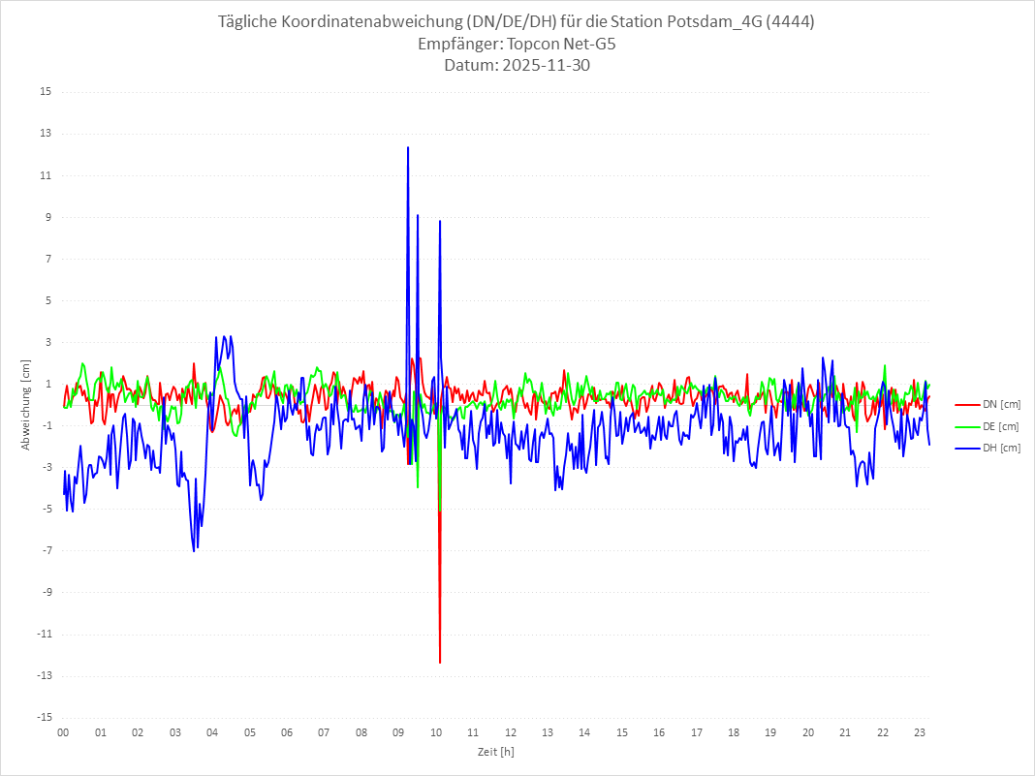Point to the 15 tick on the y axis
pyautogui.click(x=46, y=92)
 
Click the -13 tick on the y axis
pyautogui.click(x=44, y=676)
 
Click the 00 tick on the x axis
pyautogui.click(x=63, y=732)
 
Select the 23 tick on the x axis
pyautogui.click(x=920, y=732)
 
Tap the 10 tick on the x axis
pyautogui.click(x=436, y=732)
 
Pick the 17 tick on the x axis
pyautogui.click(x=697, y=732)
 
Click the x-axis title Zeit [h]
pyautogui.click(x=495, y=752)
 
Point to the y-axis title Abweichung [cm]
pyautogui.click(x=26, y=405)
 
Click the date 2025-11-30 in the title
pyautogui.click(x=544, y=66)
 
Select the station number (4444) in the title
pyautogui.click(x=790, y=22)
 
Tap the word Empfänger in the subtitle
pyautogui.click(x=456, y=45)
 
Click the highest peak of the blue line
pyautogui.click(x=408, y=147)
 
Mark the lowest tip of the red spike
pyautogui.click(x=440, y=663)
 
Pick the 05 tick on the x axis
pyautogui.click(x=250, y=732)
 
